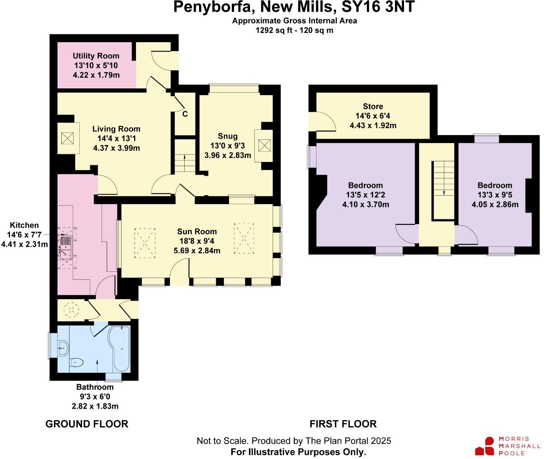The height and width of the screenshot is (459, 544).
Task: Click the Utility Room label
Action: (x=96, y=56)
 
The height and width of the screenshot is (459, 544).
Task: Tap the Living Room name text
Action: (x=116, y=129)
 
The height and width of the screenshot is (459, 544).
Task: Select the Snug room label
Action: (x=227, y=136)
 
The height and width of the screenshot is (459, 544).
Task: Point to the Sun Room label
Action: (x=197, y=232)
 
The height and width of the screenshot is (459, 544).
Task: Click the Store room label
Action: (x=373, y=107)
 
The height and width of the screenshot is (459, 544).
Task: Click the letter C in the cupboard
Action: (x=185, y=114)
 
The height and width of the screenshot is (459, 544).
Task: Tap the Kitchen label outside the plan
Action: (x=24, y=225)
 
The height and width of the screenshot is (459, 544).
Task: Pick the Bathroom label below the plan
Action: (x=95, y=387)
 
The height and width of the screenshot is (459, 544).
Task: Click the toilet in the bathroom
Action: (x=77, y=363)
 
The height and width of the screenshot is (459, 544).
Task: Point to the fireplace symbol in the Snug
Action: (x=264, y=145)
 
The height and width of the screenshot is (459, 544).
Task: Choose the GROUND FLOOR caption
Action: (x=87, y=424)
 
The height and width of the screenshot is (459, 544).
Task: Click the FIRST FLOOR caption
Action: (x=343, y=424)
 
